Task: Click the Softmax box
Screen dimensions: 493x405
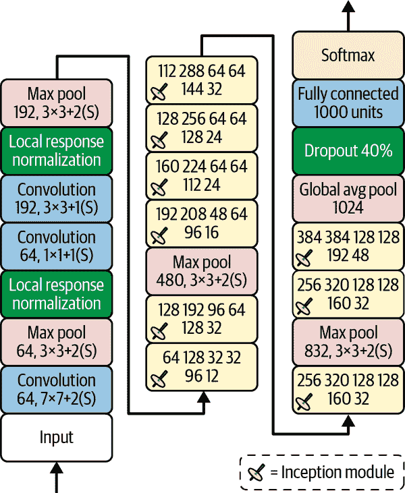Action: pyautogui.click(x=348, y=55)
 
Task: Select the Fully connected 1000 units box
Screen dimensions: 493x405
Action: pyautogui.click(x=348, y=103)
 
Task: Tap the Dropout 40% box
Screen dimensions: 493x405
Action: pyautogui.click(x=348, y=150)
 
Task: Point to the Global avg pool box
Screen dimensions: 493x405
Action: pyautogui.click(x=348, y=198)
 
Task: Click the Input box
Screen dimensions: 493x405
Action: pyautogui.click(x=57, y=438)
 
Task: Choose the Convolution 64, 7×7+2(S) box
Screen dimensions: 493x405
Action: pyautogui.click(x=57, y=389)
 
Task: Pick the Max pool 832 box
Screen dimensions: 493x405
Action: pyautogui.click(x=348, y=342)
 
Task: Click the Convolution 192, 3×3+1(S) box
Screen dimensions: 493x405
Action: pyautogui.click(x=57, y=198)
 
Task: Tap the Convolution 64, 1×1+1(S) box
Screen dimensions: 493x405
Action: pyautogui.click(x=57, y=246)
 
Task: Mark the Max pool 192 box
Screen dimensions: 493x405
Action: pyautogui.click(x=57, y=103)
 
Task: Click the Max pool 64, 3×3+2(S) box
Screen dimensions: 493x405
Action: pyautogui.click(x=57, y=342)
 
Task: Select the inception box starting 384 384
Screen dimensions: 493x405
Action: pyautogui.click(x=348, y=246)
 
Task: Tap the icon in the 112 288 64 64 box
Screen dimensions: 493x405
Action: pyautogui.click(x=159, y=91)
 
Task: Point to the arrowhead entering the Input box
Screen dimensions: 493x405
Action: pyautogui.click(x=57, y=467)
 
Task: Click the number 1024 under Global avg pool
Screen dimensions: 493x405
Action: pyautogui.click(x=348, y=207)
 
